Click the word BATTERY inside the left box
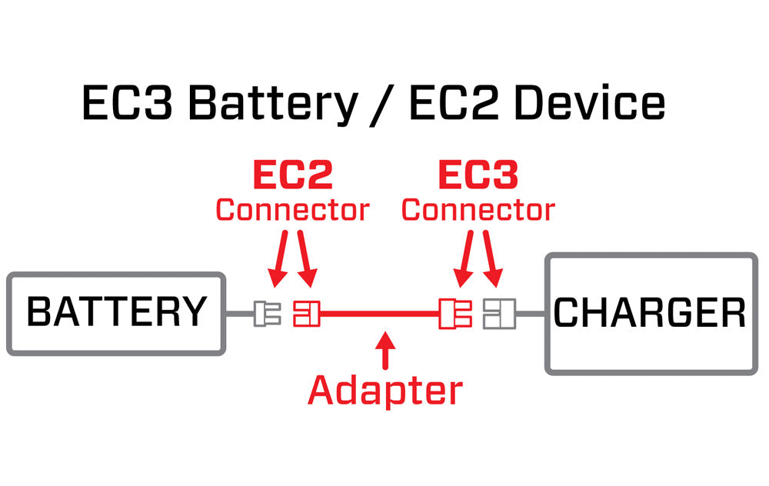(117, 312)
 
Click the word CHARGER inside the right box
(650, 313)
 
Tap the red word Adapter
(385, 391)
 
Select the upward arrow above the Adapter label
(387, 350)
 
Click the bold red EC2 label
(292, 176)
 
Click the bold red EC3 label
(478, 176)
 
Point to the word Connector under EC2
(292, 210)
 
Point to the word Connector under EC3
(478, 210)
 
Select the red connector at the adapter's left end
(305, 314)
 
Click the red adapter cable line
(377, 314)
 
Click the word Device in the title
(590, 104)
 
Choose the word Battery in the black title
(272, 104)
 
